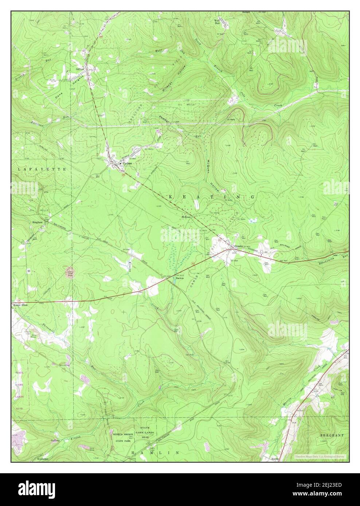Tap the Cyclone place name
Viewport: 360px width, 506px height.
[127, 164]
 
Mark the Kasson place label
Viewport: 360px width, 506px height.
[275, 459]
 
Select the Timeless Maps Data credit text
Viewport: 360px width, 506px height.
[321, 456]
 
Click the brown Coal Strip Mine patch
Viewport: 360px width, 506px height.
[69, 272]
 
